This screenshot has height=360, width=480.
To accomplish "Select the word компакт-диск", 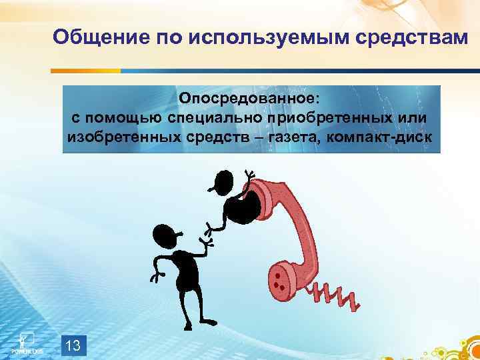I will coord(383,138).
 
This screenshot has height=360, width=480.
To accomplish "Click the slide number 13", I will coord(74,345).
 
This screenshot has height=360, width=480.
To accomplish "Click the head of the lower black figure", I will coord(165,235).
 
